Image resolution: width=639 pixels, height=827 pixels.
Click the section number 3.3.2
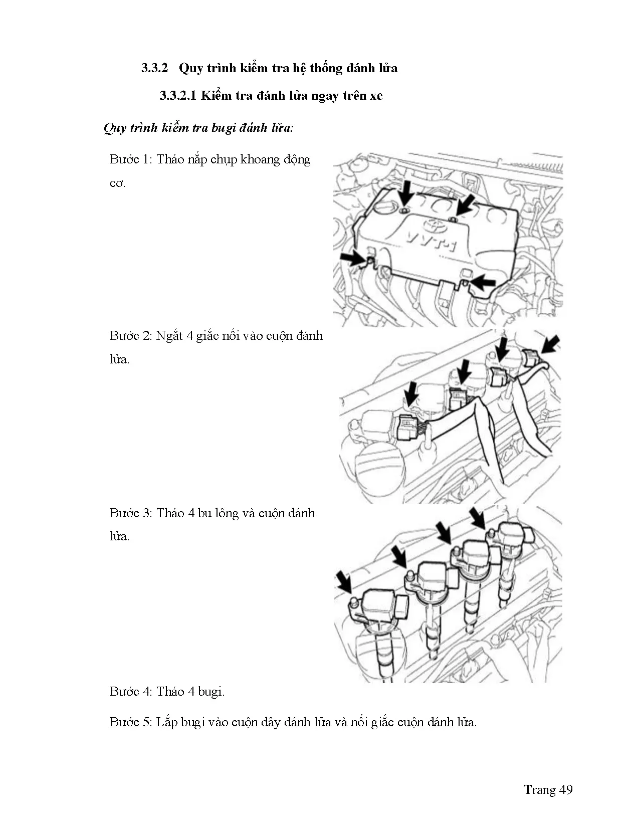click(x=154, y=68)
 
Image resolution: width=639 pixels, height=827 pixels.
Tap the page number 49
click(x=565, y=790)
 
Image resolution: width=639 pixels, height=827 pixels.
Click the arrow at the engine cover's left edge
click(x=353, y=259)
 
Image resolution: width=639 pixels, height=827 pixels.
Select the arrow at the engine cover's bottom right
click(x=483, y=282)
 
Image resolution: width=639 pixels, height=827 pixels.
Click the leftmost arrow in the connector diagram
click(x=411, y=393)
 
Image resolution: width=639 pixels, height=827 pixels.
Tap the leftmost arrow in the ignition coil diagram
click(x=344, y=582)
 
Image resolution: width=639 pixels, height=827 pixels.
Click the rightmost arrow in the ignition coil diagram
click(x=477, y=518)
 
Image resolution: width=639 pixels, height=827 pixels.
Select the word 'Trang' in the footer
click(x=539, y=790)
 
